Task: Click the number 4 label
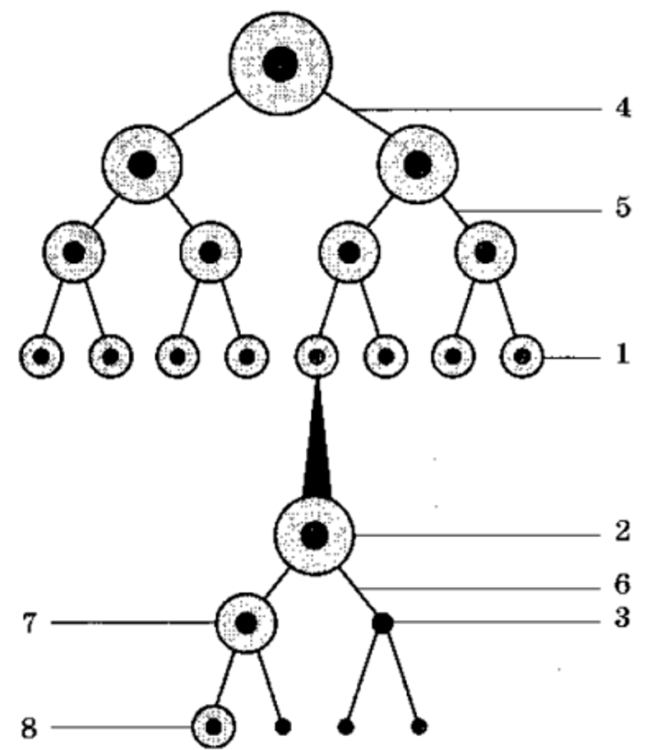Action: click(623, 108)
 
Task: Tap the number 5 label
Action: click(623, 207)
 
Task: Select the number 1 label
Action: click(622, 354)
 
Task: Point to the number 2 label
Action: click(623, 531)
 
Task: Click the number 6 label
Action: click(623, 584)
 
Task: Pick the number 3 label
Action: click(623, 618)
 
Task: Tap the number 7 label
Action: click(30, 623)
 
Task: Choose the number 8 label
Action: click(29, 729)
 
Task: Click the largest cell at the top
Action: click(280, 63)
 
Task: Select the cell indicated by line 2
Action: click(314, 535)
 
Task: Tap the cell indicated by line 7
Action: click(246, 623)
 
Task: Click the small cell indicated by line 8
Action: click(213, 727)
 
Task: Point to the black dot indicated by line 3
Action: click(382, 623)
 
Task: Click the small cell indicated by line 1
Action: click(522, 356)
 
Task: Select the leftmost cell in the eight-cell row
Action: click(41, 356)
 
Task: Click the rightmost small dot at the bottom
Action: click(419, 727)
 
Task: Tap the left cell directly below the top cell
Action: click(142, 164)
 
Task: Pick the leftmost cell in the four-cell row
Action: click(74, 252)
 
